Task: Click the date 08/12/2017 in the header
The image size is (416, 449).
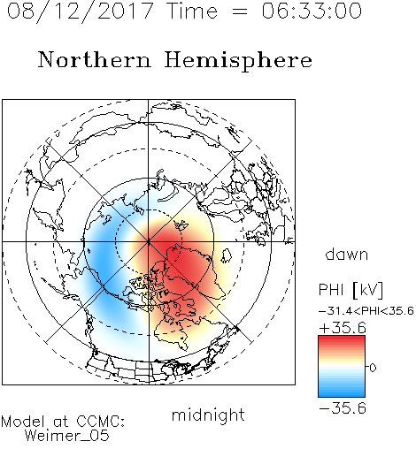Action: tap(80, 11)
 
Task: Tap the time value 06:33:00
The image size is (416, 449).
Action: tap(312, 11)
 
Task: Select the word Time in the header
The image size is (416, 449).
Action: tap(192, 11)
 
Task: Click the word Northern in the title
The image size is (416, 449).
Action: tap(95, 59)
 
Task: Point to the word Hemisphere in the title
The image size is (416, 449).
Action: tap(238, 61)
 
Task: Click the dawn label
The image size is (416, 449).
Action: tap(347, 254)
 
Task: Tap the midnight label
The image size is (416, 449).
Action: tap(208, 415)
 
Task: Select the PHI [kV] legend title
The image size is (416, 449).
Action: tap(351, 290)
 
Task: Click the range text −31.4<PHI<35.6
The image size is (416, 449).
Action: tap(366, 311)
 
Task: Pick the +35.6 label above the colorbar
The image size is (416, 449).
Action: tap(343, 328)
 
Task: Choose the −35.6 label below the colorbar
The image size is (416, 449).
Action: tap(343, 408)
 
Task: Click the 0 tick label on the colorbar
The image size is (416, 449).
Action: tap(373, 368)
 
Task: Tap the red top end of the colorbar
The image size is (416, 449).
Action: tap(342, 339)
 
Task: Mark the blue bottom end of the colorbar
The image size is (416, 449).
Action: tap(342, 394)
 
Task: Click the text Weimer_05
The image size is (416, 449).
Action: tap(67, 436)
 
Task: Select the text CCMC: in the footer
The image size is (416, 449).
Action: tap(100, 422)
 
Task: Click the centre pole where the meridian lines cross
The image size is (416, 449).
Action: tap(149, 241)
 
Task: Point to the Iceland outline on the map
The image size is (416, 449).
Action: tap(226, 255)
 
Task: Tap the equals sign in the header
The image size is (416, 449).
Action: tap(240, 11)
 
